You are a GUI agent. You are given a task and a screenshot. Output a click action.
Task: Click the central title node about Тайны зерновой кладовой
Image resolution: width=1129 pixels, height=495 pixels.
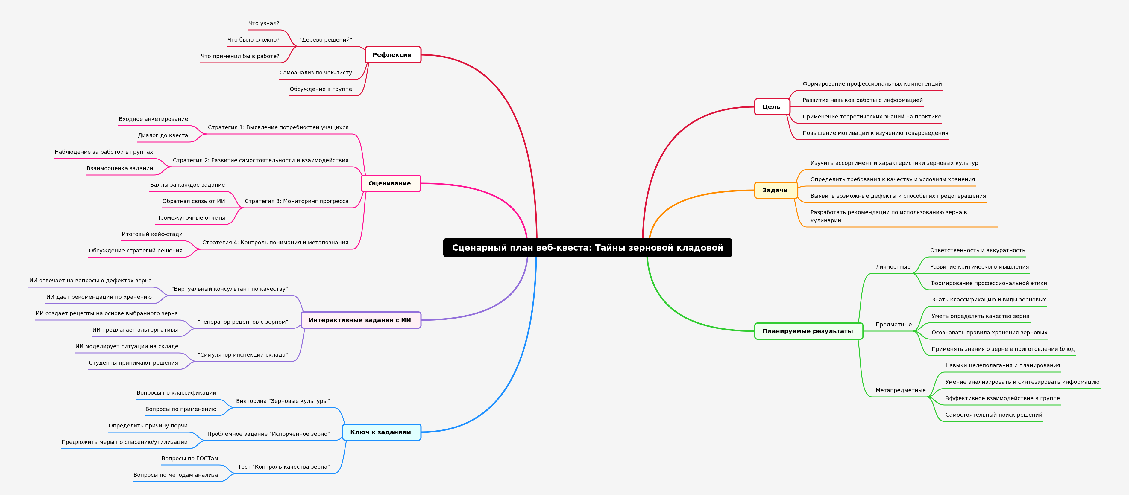click(x=587, y=248)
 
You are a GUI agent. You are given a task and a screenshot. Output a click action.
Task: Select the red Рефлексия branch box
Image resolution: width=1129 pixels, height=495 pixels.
click(x=393, y=55)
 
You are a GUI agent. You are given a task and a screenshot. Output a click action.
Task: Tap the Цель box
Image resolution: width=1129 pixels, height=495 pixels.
click(x=772, y=107)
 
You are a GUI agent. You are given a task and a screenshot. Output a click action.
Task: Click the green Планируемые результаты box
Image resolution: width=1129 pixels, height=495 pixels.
click(x=808, y=331)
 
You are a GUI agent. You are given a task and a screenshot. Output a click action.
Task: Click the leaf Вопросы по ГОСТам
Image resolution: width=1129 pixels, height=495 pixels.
click(x=190, y=459)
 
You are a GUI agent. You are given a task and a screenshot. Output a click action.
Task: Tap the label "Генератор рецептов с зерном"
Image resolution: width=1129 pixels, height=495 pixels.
click(x=243, y=322)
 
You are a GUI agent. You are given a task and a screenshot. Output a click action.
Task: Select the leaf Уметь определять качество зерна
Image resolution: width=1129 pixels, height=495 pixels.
click(x=980, y=316)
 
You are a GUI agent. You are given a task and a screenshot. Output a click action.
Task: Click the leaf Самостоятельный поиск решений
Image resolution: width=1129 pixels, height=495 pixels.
click(x=994, y=415)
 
